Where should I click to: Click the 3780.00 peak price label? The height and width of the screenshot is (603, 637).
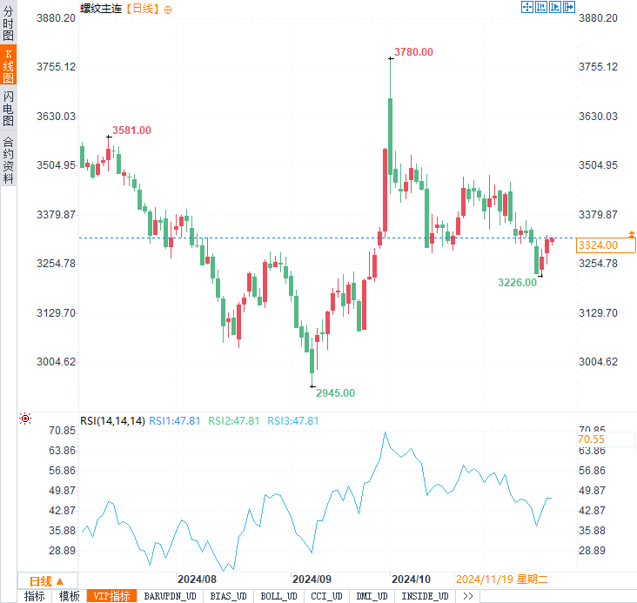coord(413,52)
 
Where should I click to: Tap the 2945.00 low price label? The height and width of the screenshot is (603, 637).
coord(335,393)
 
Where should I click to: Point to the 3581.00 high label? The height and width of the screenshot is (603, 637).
coord(131,131)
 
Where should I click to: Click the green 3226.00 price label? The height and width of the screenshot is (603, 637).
coord(517,283)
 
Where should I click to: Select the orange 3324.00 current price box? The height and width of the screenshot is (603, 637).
coord(597,245)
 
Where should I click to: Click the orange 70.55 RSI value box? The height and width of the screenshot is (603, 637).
coord(591,439)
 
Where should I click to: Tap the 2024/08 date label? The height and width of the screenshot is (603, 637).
coord(197,580)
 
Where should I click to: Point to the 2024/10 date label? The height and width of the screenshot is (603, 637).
coord(412,580)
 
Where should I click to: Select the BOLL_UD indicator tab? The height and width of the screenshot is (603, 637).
coord(278,596)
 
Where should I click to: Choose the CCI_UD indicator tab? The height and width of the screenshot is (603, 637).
coord(326,596)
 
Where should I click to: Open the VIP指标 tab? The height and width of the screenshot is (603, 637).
coord(111,596)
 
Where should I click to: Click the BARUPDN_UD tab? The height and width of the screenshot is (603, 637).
coord(171,596)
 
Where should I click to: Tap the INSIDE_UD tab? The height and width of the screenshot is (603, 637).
coord(426,596)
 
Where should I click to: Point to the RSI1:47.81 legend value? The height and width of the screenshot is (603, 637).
coord(176,421)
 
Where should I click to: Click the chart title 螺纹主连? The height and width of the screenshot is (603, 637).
coord(101,9)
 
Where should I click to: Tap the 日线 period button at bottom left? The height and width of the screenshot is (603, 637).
coord(46,581)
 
